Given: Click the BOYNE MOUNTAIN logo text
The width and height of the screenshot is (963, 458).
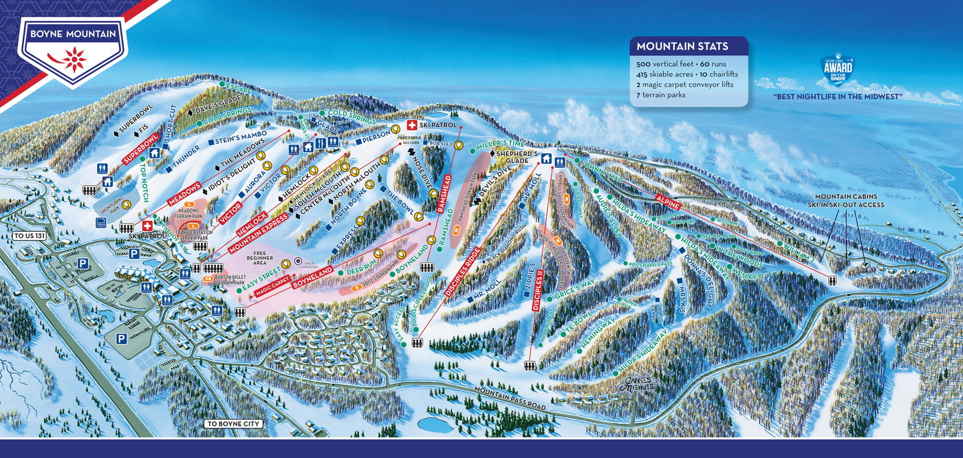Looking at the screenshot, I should [72, 32].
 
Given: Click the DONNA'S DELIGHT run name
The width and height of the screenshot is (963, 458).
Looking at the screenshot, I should [701, 279].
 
